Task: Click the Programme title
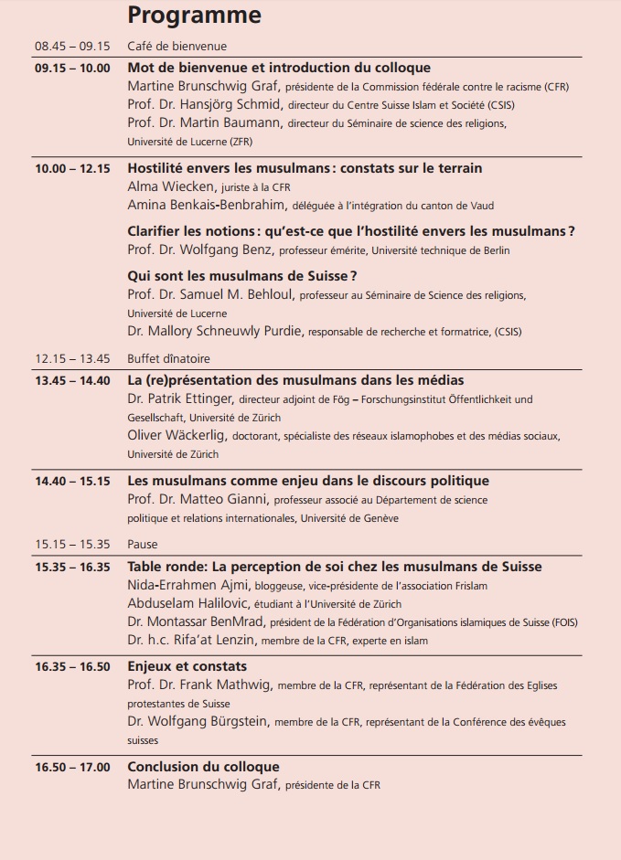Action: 194,16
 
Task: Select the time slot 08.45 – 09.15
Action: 72,47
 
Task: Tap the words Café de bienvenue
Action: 177,47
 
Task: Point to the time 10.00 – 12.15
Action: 72,168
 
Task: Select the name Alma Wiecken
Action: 170,186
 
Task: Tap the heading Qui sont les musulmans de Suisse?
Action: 241,275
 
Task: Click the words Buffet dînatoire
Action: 169,359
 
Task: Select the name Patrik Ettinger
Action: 191,398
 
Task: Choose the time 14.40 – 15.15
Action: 72,481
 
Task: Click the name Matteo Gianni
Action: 224,499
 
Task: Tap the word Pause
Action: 143,544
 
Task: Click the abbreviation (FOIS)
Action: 563,622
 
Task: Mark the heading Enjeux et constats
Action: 187,666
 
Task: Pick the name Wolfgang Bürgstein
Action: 210,721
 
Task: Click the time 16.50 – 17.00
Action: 72,767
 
